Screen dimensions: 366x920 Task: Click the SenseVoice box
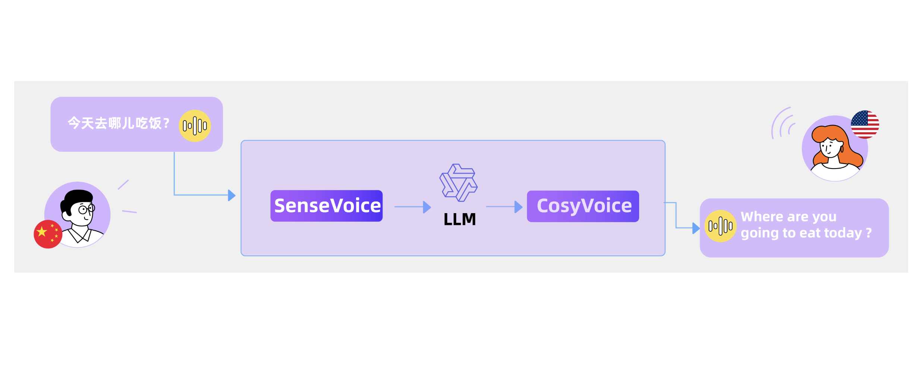tap(326, 206)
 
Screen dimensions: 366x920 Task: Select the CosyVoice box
tap(583, 206)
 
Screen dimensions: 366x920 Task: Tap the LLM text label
tap(459, 219)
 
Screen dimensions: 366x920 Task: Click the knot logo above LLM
tap(458, 183)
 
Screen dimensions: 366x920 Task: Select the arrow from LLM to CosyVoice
tap(504, 207)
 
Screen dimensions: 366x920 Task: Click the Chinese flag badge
tap(48, 234)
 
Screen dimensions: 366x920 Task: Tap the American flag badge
tap(865, 125)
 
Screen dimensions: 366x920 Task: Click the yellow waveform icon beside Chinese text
tap(194, 126)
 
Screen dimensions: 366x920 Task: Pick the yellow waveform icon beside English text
tap(720, 226)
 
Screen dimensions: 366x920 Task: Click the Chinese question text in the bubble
tap(118, 123)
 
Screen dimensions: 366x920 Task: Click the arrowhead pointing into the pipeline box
tap(232, 195)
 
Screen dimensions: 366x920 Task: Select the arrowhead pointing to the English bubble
tap(695, 228)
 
